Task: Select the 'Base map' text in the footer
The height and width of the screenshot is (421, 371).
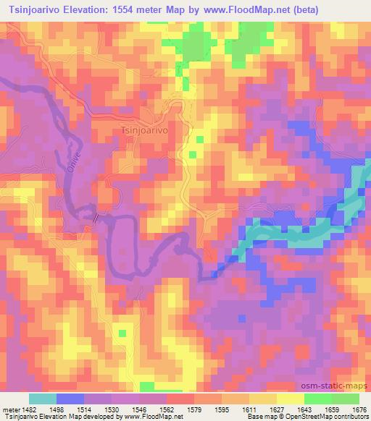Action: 257,416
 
